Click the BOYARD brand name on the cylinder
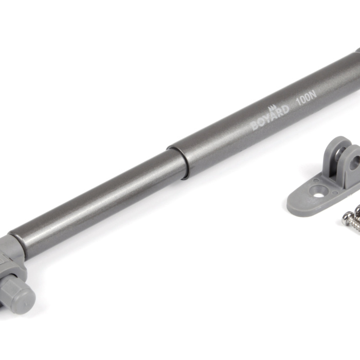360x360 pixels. pyautogui.click(x=270, y=118)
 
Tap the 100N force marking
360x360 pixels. pyautogui.click(x=307, y=98)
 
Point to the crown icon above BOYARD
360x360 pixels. pyautogui.click(x=272, y=107)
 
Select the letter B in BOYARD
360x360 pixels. pyautogui.click(x=255, y=126)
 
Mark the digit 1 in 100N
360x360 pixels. pyautogui.click(x=298, y=102)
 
